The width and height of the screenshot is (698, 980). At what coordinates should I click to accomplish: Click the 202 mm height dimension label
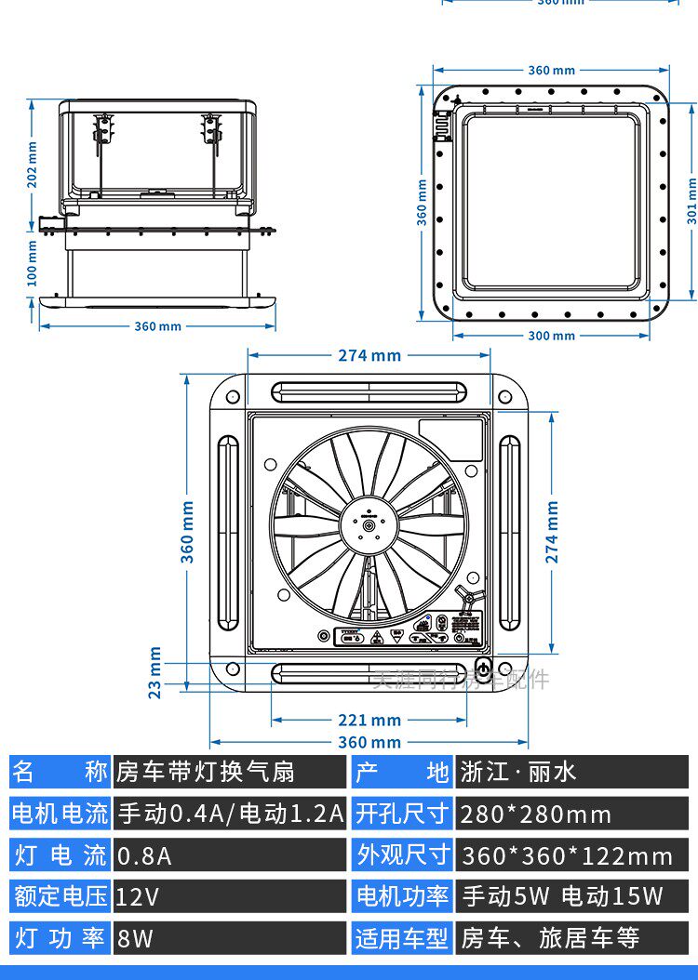(x=33, y=165)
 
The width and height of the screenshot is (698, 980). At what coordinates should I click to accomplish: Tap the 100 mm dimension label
(x=33, y=263)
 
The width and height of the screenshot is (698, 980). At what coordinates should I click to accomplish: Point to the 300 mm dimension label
(x=551, y=336)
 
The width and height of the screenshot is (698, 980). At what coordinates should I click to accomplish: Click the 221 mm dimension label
(x=369, y=720)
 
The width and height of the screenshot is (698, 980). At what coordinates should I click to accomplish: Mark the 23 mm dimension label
(x=155, y=672)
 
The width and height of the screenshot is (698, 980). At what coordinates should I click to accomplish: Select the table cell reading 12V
(x=229, y=896)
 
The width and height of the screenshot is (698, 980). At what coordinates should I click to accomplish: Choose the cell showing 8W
(x=229, y=938)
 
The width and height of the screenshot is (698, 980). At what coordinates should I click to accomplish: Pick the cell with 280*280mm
(x=571, y=814)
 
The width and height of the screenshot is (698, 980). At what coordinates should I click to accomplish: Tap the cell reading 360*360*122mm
(x=571, y=855)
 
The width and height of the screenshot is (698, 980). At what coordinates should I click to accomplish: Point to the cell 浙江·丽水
(x=571, y=772)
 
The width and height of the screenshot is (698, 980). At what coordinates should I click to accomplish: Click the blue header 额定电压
(x=60, y=896)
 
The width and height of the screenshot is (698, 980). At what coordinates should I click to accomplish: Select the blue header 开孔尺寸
(x=403, y=814)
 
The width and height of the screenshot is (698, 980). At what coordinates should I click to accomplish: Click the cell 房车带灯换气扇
(x=229, y=772)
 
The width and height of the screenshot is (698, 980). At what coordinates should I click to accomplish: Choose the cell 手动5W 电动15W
(x=571, y=896)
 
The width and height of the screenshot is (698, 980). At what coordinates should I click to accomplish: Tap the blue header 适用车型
(x=403, y=938)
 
